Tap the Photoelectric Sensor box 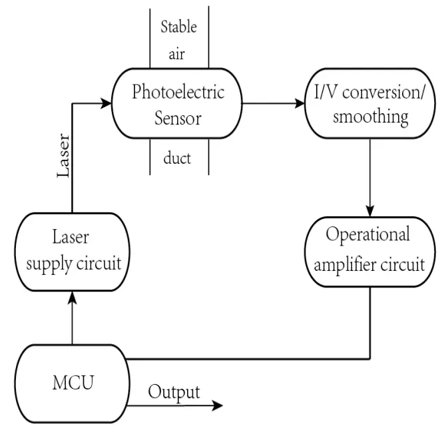tap(178, 104)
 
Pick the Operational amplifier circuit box tap(369, 250)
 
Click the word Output tap(174, 392)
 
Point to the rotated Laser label tap(64, 157)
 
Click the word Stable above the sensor tap(179, 28)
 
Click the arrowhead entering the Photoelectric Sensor tap(106, 103)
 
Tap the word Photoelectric tap(178, 92)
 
